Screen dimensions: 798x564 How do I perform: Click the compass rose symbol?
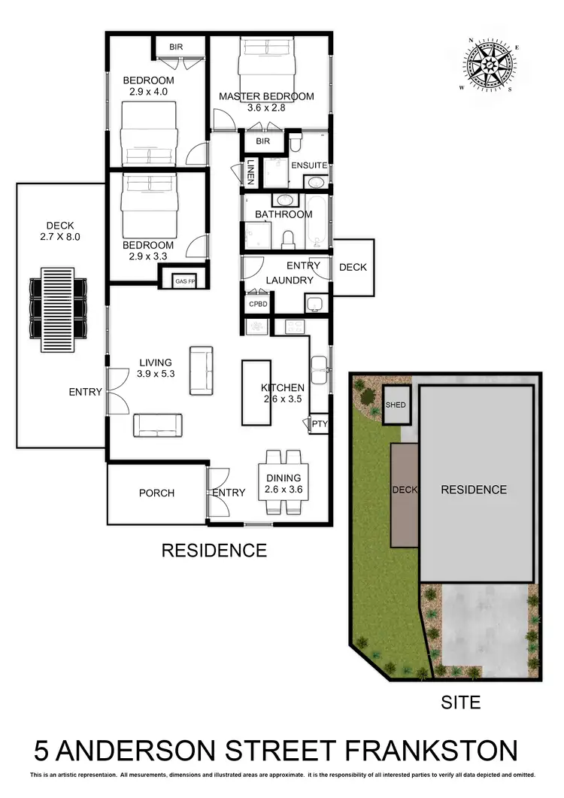[x=490, y=65]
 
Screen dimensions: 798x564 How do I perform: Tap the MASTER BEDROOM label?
[x=266, y=96]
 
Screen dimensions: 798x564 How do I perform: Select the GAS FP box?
[x=184, y=281]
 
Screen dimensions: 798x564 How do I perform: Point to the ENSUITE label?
[x=309, y=165]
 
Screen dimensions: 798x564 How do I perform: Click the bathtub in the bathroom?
[x=317, y=221]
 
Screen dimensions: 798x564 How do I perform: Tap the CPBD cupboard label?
[x=253, y=304]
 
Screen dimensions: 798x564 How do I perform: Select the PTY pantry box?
[x=319, y=424]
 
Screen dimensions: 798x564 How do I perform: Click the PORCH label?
[x=156, y=493]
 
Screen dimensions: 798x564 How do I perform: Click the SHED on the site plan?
[x=396, y=405]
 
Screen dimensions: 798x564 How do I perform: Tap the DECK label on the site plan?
[x=405, y=490]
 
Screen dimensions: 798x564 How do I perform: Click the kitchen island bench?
[x=254, y=391]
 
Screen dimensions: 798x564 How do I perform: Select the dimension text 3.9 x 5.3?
[x=156, y=374]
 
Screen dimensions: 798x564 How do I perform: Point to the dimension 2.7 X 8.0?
[x=59, y=237]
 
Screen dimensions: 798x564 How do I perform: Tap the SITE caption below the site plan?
[x=460, y=703]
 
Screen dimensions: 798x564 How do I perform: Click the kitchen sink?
[x=320, y=366]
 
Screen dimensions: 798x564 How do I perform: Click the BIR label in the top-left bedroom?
[x=176, y=47]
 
